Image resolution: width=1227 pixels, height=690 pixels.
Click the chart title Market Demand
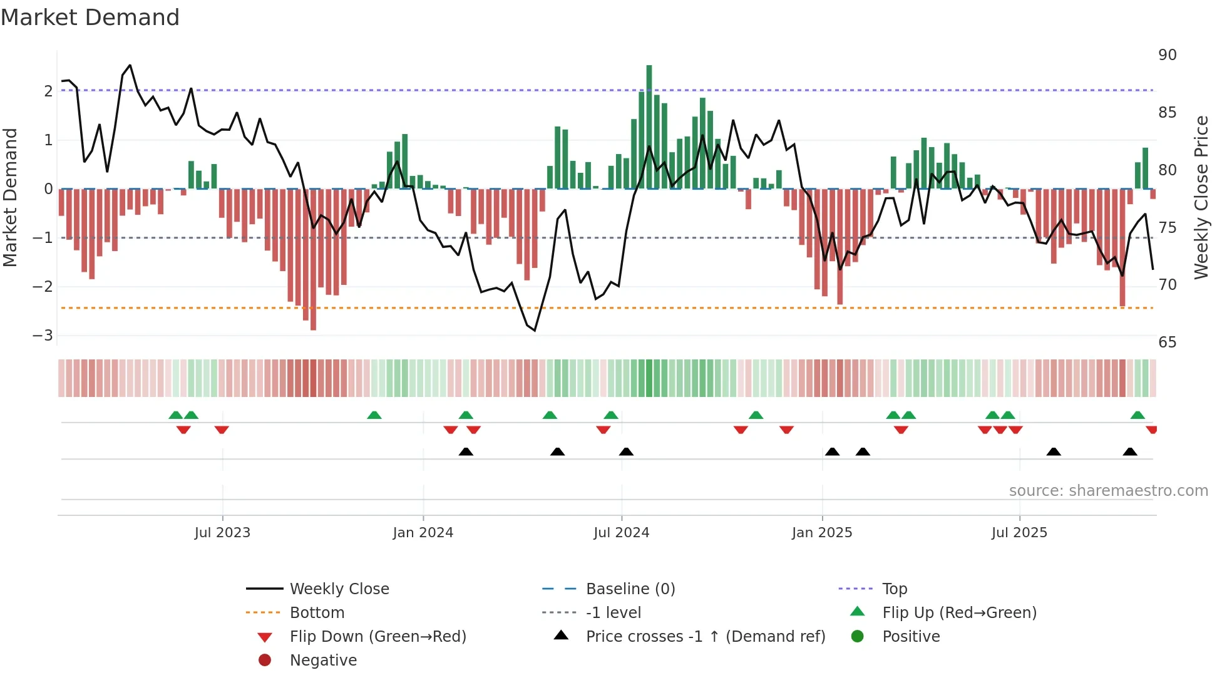point(90,18)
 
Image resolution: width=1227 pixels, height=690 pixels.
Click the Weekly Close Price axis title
point(1201,197)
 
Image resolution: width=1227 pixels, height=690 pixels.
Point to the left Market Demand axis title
point(10,197)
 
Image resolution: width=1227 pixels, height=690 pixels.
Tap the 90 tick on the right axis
point(1167,55)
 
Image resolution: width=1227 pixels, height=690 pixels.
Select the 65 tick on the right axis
point(1167,342)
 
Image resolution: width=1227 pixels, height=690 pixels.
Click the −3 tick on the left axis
point(43,336)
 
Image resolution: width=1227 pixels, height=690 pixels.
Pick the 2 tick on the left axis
point(48,91)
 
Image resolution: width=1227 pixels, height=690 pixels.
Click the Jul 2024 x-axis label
point(621,533)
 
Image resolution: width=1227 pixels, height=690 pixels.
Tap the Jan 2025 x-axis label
point(821,533)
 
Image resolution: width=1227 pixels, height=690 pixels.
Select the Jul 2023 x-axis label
point(222,533)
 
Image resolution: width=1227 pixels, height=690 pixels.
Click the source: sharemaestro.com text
point(1108,491)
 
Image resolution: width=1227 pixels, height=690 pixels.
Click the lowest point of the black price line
point(535,330)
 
